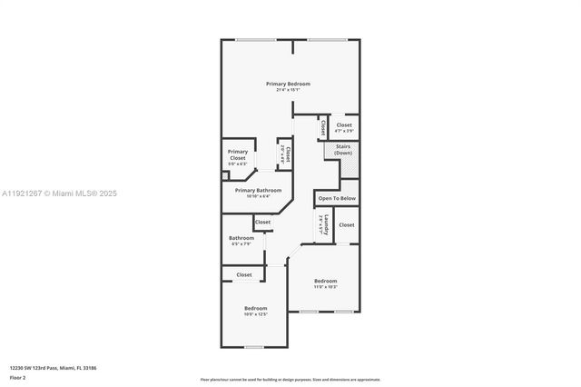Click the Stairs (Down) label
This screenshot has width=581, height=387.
pos(343,149)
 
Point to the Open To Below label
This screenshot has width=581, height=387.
pos(337,197)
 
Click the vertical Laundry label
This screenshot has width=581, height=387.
pos(320,223)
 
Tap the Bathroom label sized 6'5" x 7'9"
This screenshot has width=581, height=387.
pos(241,238)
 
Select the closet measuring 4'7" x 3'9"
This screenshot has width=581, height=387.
pos(344,125)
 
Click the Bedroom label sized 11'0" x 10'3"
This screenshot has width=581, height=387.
pos(325,281)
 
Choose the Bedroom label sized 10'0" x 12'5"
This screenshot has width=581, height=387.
pos(255,308)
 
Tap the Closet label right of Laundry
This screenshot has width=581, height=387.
pos(346,224)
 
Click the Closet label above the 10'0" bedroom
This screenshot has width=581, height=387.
pos(244,274)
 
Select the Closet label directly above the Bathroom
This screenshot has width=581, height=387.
pos(262,222)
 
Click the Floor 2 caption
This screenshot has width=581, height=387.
pos(18,377)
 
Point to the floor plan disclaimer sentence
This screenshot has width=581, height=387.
pos(290,379)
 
